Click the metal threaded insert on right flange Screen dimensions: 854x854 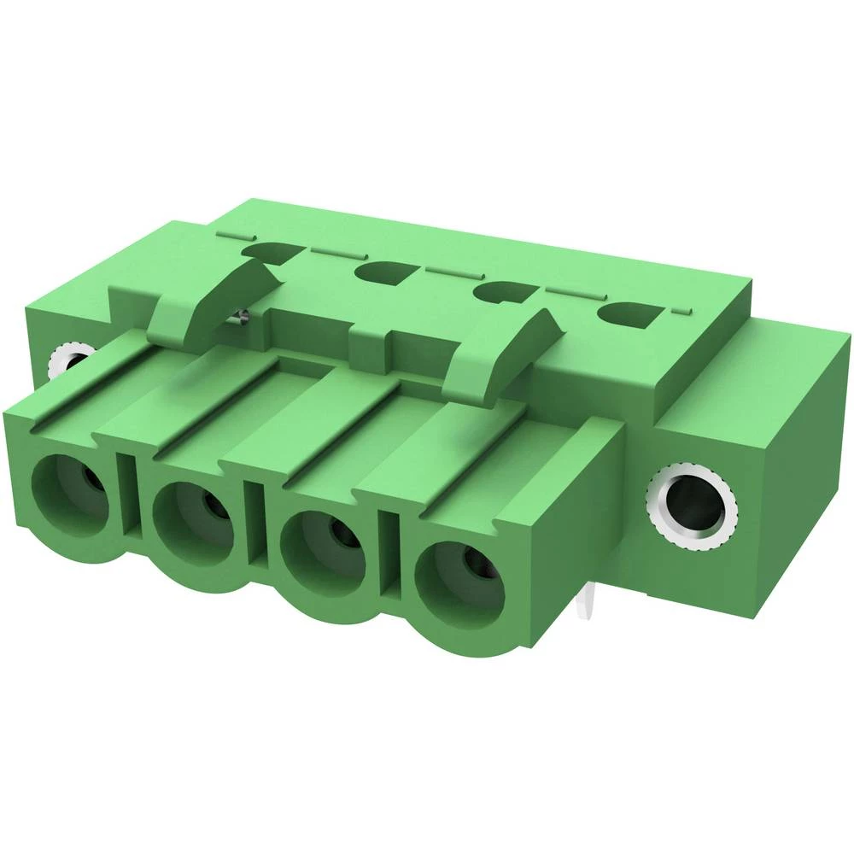coord(693,510)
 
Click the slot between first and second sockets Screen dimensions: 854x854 coord(129,495)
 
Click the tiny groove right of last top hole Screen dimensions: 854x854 coord(681,310)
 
